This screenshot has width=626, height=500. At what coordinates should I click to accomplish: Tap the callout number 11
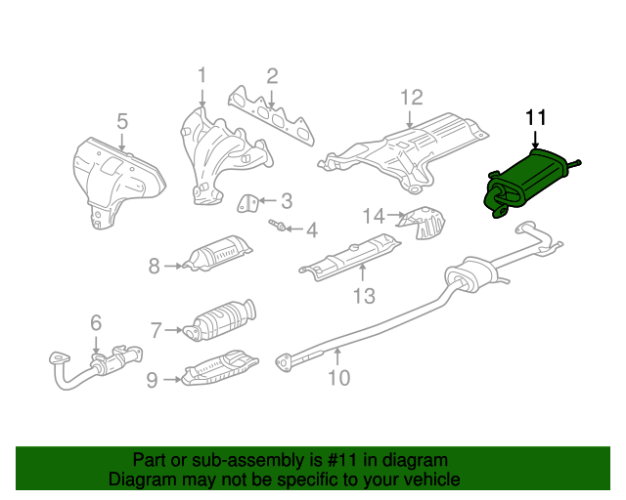535,117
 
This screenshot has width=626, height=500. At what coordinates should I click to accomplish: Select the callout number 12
411,98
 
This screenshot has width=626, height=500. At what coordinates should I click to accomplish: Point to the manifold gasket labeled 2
272,115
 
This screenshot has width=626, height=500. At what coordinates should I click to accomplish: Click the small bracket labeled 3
247,203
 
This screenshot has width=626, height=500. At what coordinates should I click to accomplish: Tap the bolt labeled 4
277,226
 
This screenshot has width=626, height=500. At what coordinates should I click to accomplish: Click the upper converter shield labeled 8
217,254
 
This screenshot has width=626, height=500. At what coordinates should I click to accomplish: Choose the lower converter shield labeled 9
219,369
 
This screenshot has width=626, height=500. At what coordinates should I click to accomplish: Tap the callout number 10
339,378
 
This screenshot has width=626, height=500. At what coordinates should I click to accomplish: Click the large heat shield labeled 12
403,153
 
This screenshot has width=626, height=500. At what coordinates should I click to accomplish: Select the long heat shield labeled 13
350,257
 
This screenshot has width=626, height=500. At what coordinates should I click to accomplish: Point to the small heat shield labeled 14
424,223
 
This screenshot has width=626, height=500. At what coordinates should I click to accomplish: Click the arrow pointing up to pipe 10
337,356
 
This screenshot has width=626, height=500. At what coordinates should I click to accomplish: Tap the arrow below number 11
535,140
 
